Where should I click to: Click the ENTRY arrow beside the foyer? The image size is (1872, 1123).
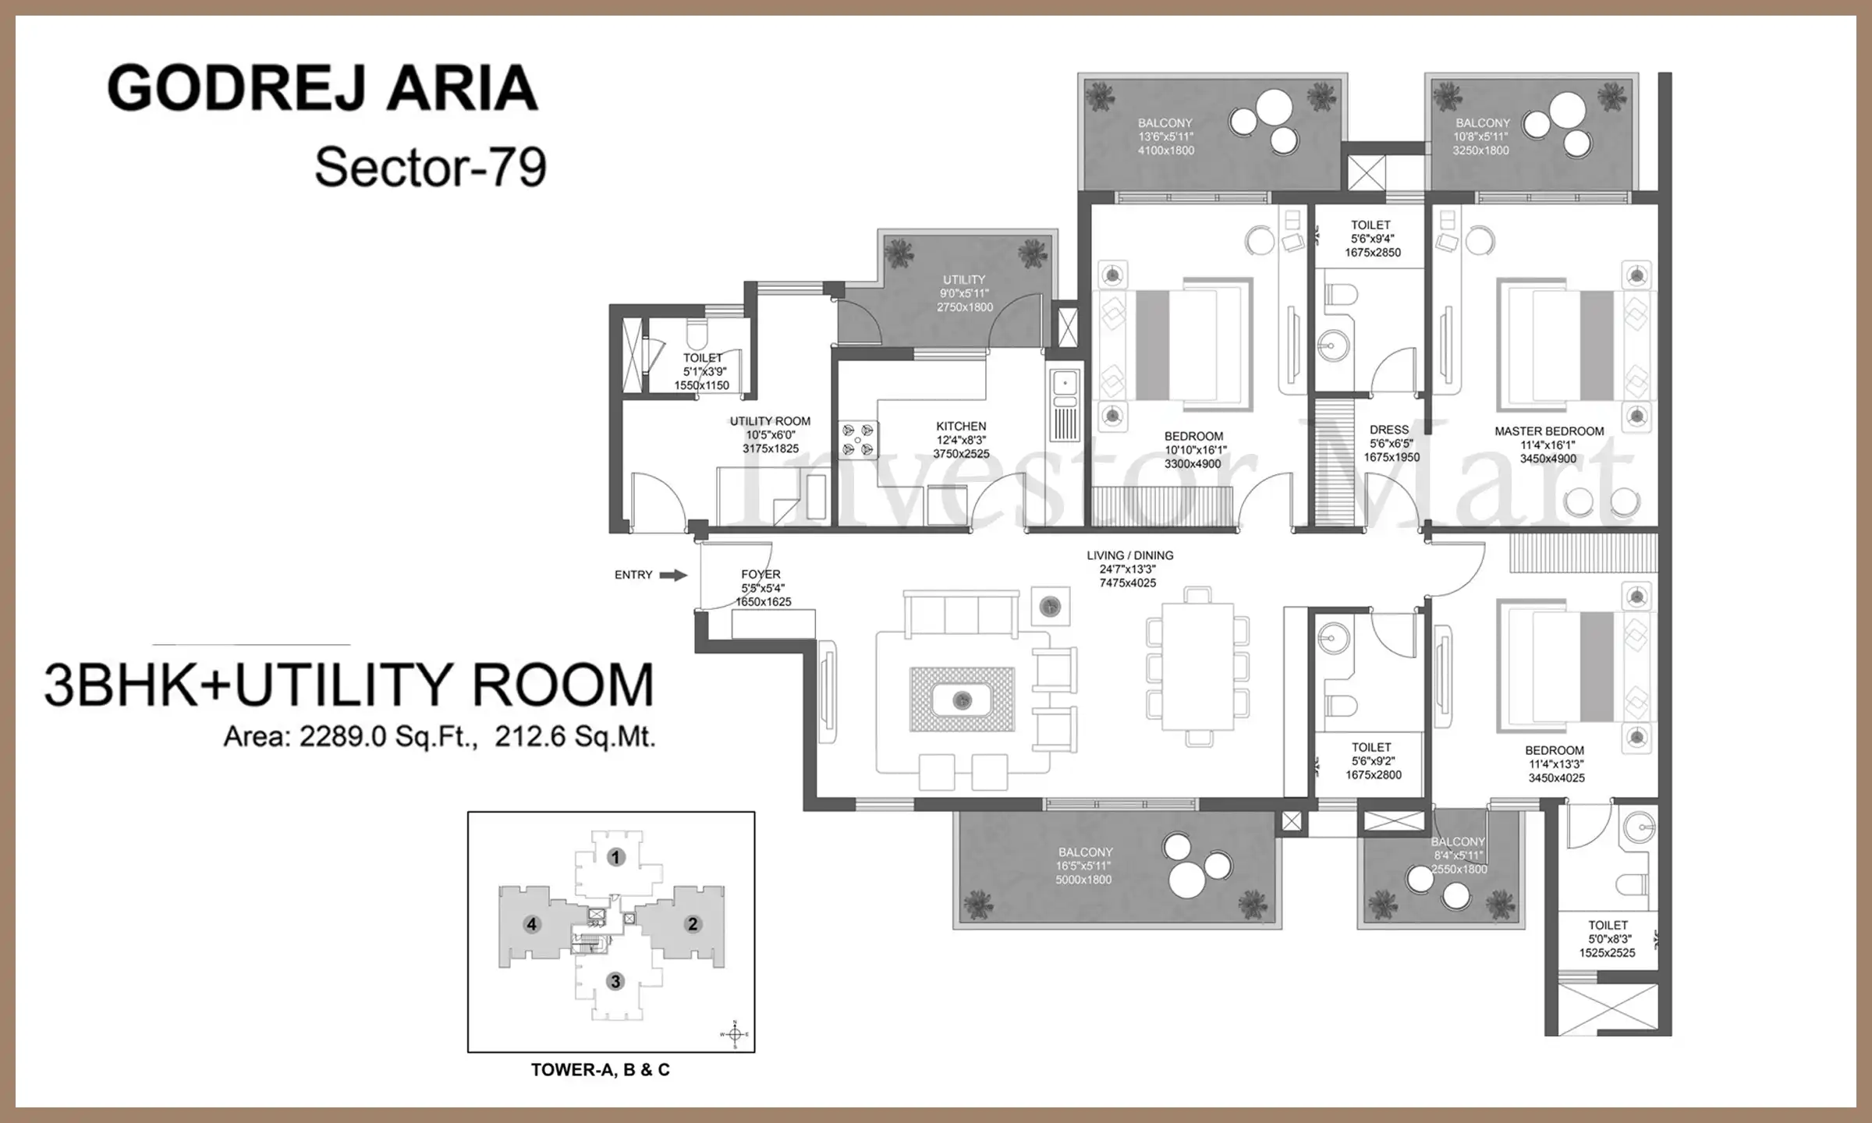tap(674, 576)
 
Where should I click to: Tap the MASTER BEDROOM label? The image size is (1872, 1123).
tap(1549, 431)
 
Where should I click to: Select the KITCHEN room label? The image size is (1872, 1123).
tap(961, 427)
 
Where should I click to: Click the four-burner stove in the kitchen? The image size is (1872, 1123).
tap(858, 441)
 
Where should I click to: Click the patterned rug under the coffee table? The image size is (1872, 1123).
tap(963, 700)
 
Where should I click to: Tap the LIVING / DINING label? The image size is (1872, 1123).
tap(1130, 555)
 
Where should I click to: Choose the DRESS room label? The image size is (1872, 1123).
tap(1389, 430)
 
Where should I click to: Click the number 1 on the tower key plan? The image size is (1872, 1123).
tap(615, 858)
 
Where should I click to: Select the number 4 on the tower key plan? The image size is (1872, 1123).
tap(532, 924)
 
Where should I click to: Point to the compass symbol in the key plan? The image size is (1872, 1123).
tap(734, 1034)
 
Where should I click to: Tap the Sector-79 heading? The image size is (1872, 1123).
tap(431, 167)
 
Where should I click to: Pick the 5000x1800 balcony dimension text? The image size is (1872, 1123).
tap(1083, 880)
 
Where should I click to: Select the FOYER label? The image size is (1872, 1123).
tap(760, 574)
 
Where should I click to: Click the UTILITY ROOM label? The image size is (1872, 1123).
tap(770, 421)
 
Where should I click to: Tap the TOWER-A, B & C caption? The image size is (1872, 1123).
tap(601, 1070)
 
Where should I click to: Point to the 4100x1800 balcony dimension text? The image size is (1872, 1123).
tap(1166, 151)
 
